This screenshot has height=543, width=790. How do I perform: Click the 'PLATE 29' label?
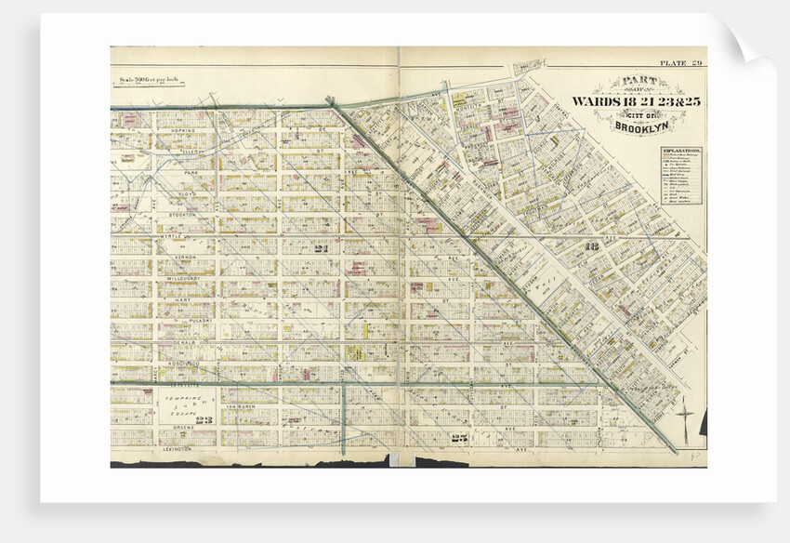click(681, 63)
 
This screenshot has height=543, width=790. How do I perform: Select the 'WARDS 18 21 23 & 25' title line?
click(628, 100)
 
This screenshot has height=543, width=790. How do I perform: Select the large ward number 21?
click(323, 249)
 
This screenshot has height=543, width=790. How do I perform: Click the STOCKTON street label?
click(180, 215)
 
